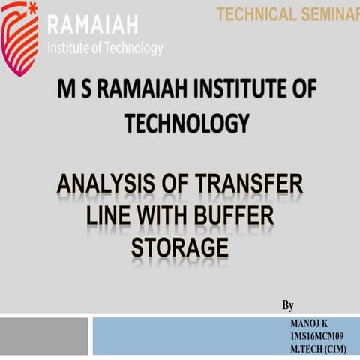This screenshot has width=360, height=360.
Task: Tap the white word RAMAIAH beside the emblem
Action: click(92, 25)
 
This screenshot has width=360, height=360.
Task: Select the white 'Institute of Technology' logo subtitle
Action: click(105, 49)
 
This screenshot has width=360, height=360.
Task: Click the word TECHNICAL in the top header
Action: click(253, 13)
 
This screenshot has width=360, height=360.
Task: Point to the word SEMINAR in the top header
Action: click(328, 13)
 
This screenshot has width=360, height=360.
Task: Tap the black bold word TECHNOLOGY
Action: click(187, 123)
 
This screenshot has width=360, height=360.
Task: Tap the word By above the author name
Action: click(288, 305)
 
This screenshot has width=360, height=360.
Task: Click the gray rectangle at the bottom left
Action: click(43, 336)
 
